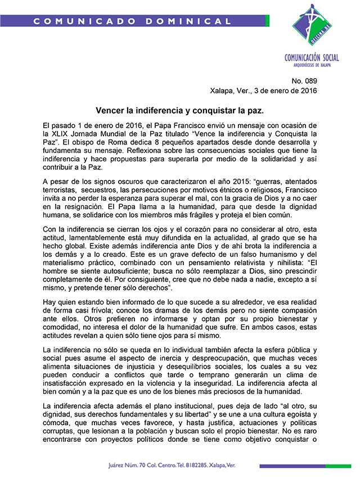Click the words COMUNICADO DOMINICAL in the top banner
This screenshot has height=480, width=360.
point(132,21)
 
